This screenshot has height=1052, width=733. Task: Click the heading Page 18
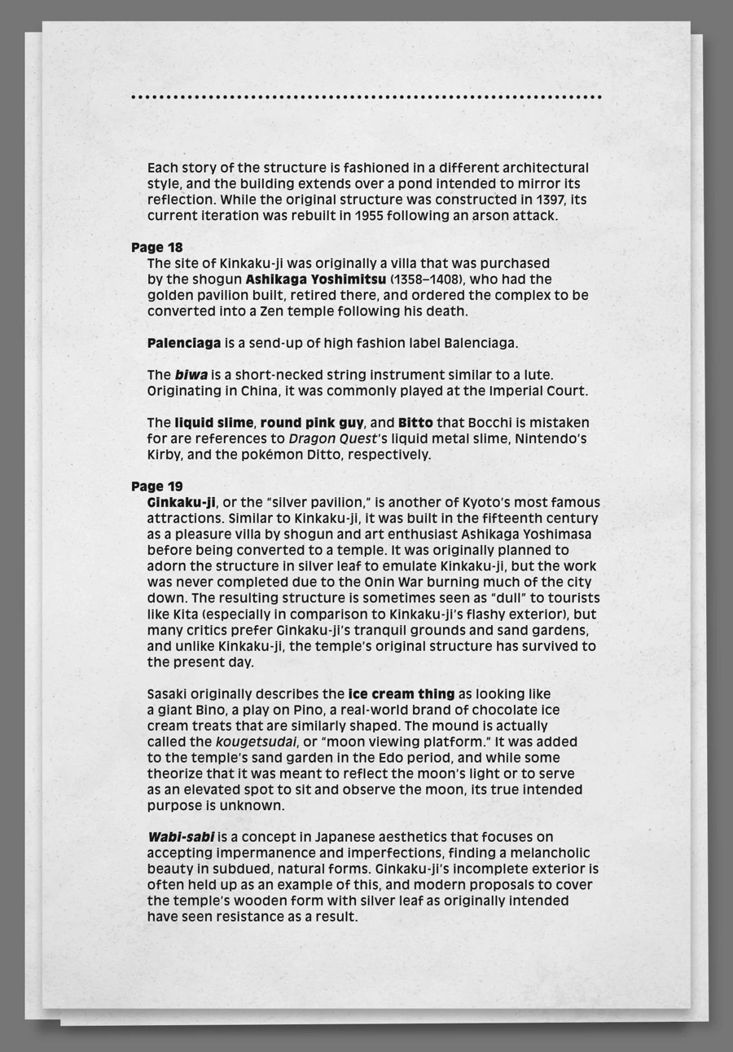156,248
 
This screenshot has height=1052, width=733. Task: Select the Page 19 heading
156,486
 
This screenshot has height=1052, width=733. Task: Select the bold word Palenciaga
184,343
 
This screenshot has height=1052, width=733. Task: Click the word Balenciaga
481,343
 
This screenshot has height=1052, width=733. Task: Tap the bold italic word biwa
191,375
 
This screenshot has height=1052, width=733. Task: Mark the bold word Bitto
415,423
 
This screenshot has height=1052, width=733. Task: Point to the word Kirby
165,455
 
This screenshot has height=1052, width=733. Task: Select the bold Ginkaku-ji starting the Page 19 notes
182,503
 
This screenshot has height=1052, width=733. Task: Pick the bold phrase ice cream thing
402,694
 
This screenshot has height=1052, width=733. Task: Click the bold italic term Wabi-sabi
181,837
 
